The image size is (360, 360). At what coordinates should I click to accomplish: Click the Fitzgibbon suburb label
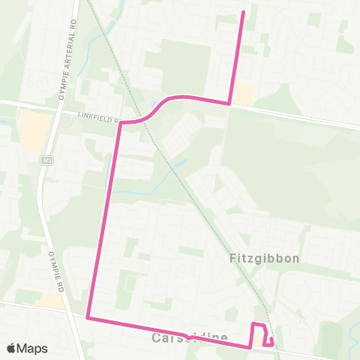tap(263, 258)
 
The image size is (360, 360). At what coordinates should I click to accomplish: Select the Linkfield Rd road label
tap(97, 115)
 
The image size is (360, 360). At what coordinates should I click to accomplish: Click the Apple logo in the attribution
tap(11, 348)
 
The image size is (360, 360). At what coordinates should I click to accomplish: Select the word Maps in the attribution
tap(32, 348)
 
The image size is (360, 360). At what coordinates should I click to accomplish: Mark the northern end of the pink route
tap(243, 11)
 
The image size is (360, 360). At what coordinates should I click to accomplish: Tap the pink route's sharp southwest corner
tap(88, 317)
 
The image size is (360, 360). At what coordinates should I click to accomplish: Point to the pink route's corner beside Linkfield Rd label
tap(120, 121)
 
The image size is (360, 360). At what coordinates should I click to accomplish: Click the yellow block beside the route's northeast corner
tap(243, 93)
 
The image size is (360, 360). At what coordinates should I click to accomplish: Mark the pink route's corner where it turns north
tap(229, 103)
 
